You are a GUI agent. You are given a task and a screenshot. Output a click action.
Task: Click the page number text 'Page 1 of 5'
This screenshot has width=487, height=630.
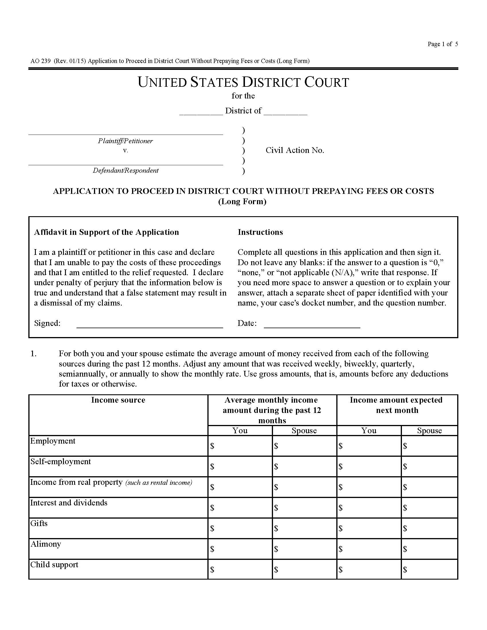[442, 44]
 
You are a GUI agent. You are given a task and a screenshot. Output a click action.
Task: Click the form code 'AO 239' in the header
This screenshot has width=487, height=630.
[40, 61]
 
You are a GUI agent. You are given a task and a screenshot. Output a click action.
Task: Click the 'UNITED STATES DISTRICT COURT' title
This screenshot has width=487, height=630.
[243, 82]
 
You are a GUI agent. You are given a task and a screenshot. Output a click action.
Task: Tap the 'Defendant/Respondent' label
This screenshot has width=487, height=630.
[125, 170]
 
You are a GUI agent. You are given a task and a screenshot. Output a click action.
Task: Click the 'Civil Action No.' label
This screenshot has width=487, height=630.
[294, 150]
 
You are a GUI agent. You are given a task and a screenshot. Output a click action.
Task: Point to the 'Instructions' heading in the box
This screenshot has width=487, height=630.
[260, 232]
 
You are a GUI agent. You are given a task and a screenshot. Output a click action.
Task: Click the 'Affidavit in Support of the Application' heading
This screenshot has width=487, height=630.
[107, 232]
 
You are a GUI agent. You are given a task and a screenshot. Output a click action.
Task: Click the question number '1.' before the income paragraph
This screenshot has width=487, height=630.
[34, 354]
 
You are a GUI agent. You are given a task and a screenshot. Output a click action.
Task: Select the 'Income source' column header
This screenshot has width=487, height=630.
[118, 400]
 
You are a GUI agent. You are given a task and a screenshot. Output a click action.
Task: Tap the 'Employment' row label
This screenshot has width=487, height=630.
[53, 441]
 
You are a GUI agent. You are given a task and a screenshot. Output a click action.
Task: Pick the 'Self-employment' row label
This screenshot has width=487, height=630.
[60, 462]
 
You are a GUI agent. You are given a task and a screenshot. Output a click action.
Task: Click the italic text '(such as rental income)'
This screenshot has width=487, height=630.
[159, 483]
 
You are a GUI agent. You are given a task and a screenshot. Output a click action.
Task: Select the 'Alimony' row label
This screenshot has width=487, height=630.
[46, 544]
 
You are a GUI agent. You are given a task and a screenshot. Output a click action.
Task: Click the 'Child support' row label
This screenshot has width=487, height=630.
[54, 564]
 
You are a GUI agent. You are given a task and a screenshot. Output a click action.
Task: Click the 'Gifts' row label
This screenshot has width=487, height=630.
[39, 523]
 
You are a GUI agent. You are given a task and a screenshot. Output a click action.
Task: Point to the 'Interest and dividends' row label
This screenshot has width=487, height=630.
[69, 503]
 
